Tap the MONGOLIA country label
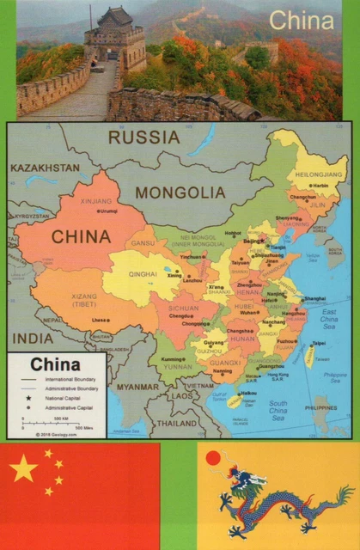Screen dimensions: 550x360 click(x=179, y=192)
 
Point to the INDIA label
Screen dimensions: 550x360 click(x=34, y=338)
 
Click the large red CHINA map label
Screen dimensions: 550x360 click(x=81, y=236)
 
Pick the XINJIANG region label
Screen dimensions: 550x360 click(x=95, y=200)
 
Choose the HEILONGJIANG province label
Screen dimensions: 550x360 click(x=320, y=174)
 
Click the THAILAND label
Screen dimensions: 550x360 click(x=177, y=423)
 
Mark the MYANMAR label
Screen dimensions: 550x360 click(x=138, y=387)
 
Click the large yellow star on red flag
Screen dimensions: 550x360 click(x=25, y=468)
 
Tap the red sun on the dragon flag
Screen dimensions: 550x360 click(x=214, y=460)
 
